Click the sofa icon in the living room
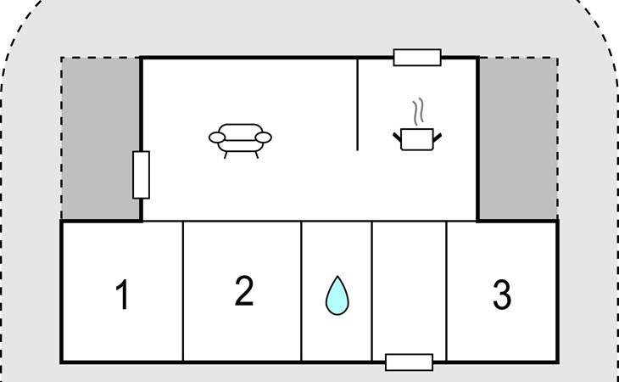point(241,138)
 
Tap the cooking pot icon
point(416,138)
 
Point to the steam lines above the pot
point(416,111)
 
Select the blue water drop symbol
point(337,295)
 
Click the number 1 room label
point(122,295)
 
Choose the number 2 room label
point(243,291)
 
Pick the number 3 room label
point(501,295)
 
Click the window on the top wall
point(417,58)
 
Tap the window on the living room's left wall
point(142,174)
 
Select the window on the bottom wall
point(409,362)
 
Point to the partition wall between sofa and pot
point(357,104)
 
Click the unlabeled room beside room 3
point(409,289)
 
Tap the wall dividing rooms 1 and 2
point(183,290)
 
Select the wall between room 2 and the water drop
point(302,290)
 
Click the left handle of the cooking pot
point(397,133)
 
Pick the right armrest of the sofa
point(265,138)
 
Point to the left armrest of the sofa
point(217,138)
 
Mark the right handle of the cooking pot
point(437,133)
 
